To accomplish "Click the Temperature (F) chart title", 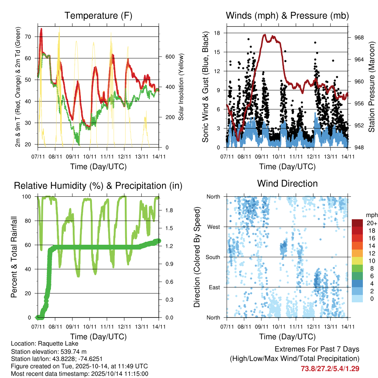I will click(98, 16).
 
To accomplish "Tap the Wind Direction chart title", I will click(287, 183).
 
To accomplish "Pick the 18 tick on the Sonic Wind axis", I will click(217, 33).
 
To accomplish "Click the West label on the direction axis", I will click(213, 227).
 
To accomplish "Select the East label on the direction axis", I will click(214, 287).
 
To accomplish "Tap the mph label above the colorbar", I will click(371, 215).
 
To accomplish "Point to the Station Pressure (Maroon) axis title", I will click(372, 87).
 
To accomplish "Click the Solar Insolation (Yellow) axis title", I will click(181, 87).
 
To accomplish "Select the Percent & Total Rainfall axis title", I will click(14, 257).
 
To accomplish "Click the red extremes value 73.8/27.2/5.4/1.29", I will click(330, 368).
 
